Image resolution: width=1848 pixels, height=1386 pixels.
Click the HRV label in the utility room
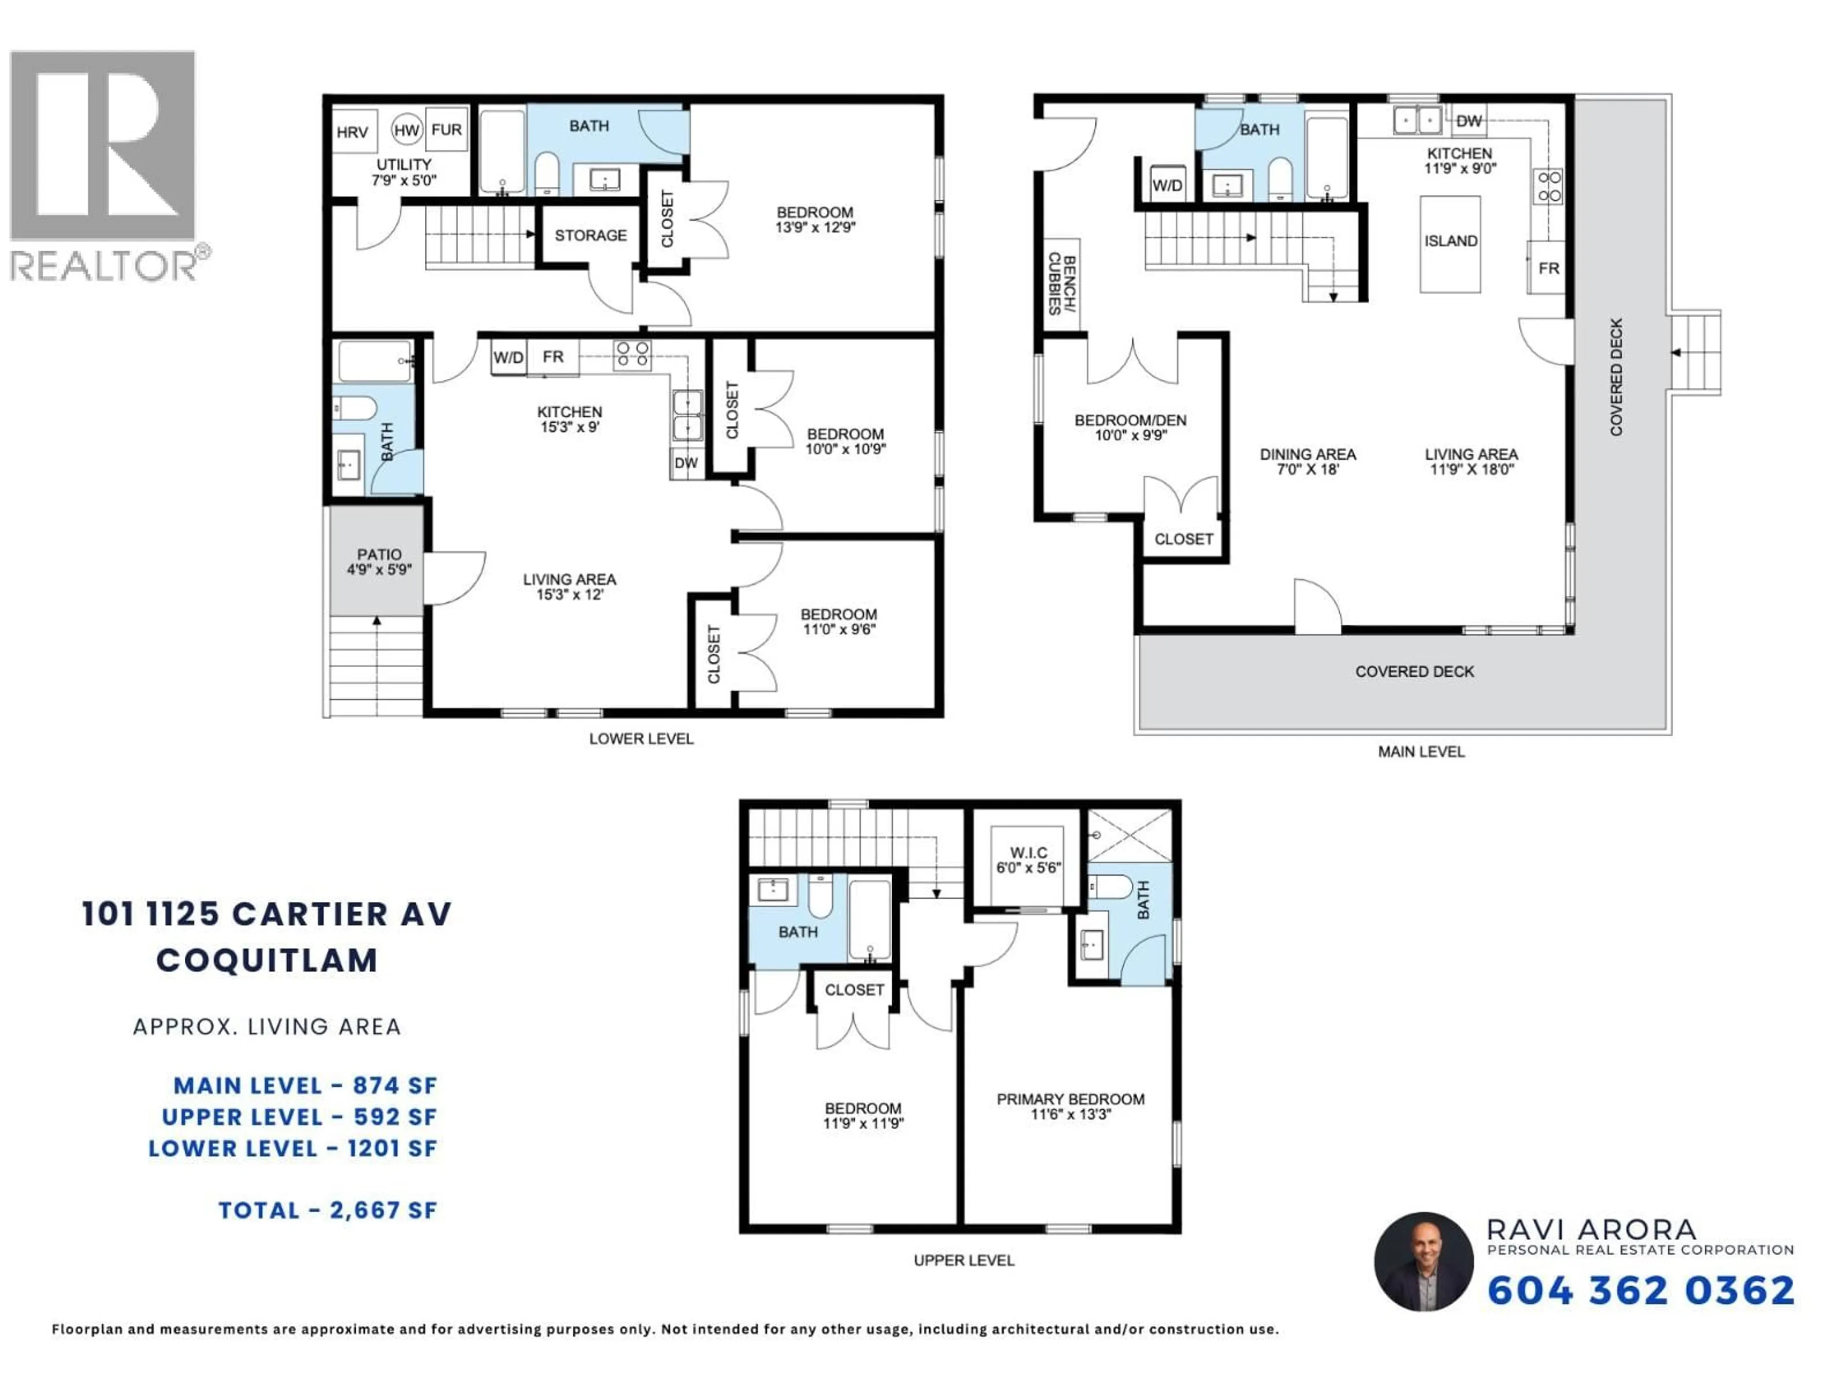352,132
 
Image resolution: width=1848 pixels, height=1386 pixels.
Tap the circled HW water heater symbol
406,129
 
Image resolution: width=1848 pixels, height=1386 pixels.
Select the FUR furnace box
446,129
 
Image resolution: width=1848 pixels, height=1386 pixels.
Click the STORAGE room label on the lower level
590,236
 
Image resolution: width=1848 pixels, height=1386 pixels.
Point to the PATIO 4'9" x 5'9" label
379,562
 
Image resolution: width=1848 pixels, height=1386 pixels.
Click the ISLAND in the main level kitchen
1450,242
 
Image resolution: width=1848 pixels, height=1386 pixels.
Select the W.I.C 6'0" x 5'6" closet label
1028,860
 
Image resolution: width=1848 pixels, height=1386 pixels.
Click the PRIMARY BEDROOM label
1070,1100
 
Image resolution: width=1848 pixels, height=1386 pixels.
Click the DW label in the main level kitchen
1468,121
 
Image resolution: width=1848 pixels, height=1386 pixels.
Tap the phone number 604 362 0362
1640,1291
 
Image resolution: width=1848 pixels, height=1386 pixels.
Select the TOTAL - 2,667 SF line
328,1210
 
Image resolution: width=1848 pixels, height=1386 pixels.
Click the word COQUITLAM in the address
268,961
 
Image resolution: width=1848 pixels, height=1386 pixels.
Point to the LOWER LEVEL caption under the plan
641,739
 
